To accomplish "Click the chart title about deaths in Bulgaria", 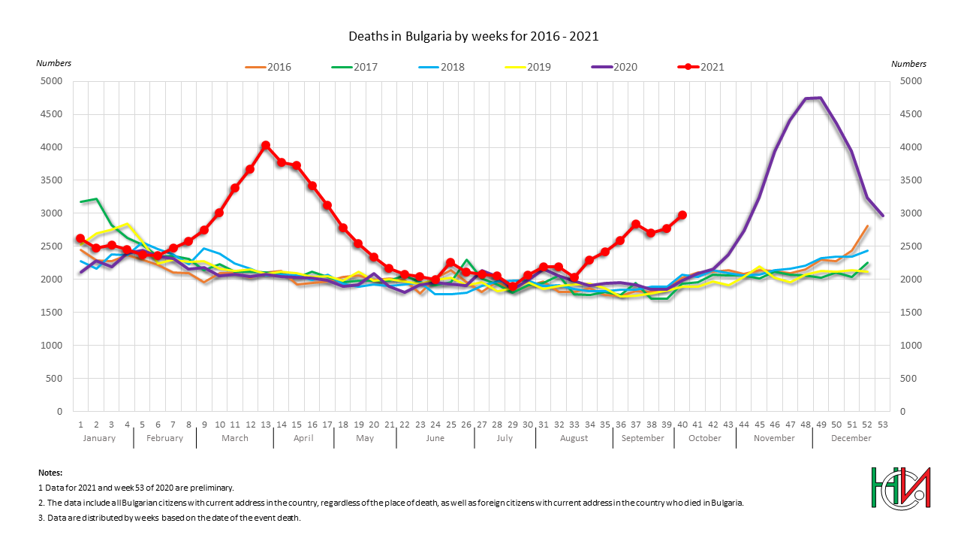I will pyautogui.click(x=473, y=36).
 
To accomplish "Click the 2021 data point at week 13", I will pyautogui.click(x=266, y=145).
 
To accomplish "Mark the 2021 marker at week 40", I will pyautogui.click(x=682, y=215).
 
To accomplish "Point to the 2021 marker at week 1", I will pyautogui.click(x=80, y=238).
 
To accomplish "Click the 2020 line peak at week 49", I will pyautogui.click(x=821, y=98).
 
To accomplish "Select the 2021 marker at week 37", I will pyautogui.click(x=636, y=224).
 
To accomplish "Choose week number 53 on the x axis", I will pyautogui.click(x=882, y=425).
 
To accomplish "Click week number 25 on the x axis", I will pyautogui.click(x=450, y=425).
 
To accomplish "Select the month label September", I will pyautogui.click(x=643, y=438).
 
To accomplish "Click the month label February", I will pyautogui.click(x=164, y=438).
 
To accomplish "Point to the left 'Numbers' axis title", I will pyautogui.click(x=54, y=64).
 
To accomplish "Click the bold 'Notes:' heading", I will pyautogui.click(x=50, y=473).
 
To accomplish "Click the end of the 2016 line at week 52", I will pyautogui.click(x=867, y=226).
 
